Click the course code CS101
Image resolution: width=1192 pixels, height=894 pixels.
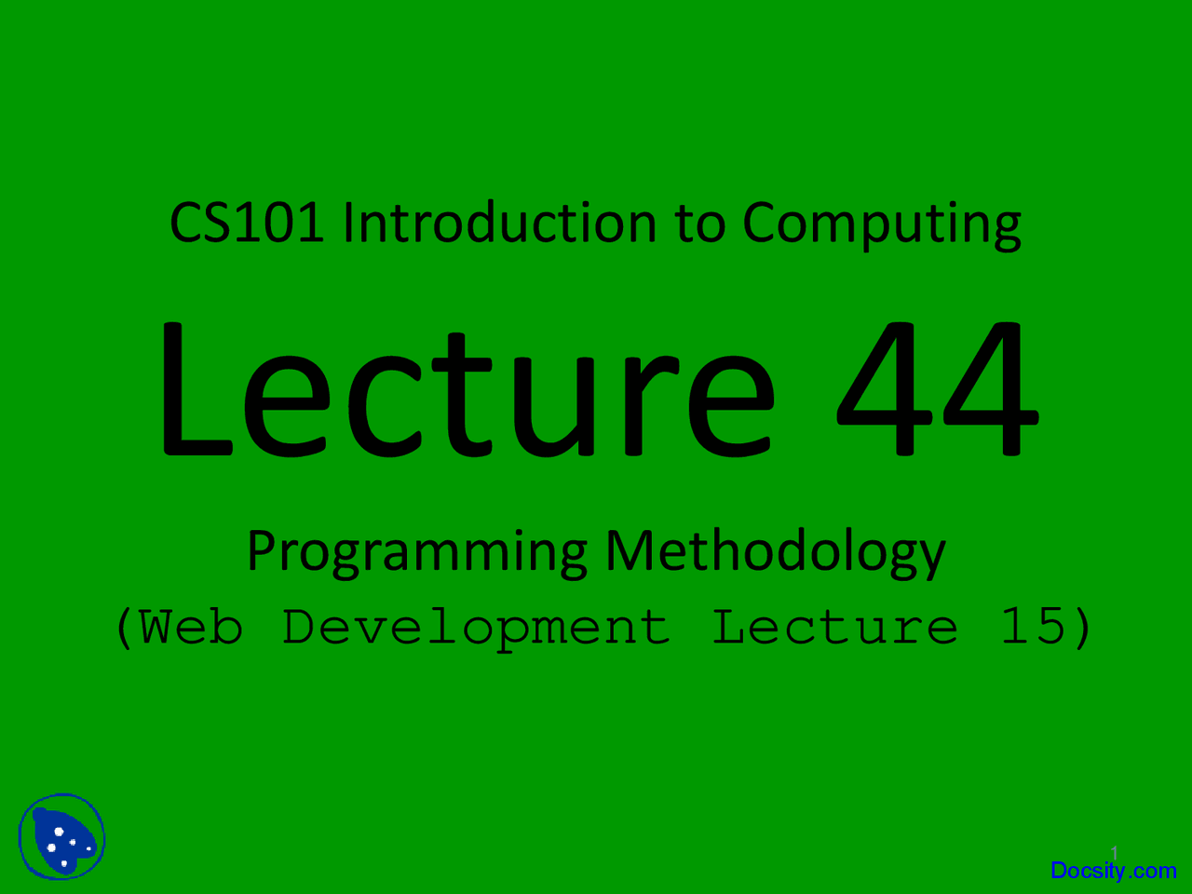[246, 224]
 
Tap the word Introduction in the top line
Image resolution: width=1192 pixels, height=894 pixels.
[499, 224]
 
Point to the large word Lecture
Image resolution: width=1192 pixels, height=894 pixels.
[466, 389]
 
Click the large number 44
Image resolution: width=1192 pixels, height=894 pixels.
[937, 389]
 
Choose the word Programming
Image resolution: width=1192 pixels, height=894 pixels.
[417, 552]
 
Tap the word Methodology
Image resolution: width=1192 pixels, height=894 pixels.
[775, 552]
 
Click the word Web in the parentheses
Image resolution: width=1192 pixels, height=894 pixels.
[191, 627]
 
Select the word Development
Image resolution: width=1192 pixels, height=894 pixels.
[476, 629]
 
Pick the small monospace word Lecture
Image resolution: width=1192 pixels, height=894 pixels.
[834, 627]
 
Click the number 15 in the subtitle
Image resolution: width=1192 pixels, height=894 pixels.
[1032, 627]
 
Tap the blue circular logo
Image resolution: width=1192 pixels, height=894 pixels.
[61, 836]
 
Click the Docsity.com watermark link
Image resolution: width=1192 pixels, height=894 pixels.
[1113, 871]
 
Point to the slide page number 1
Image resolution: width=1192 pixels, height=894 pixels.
[1114, 852]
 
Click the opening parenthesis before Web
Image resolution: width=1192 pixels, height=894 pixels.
[123, 629]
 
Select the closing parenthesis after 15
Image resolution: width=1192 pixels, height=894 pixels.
[1082, 629]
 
